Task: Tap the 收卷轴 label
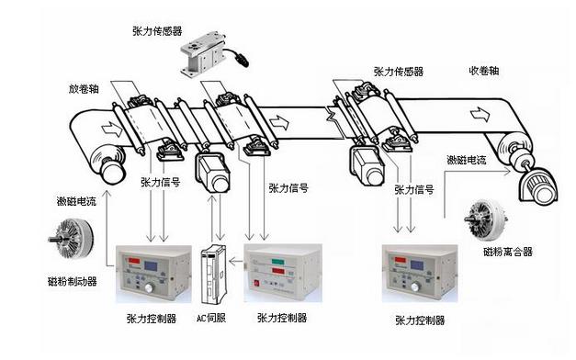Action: tap(484, 71)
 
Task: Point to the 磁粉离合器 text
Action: tap(507, 250)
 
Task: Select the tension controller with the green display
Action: tap(286, 273)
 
